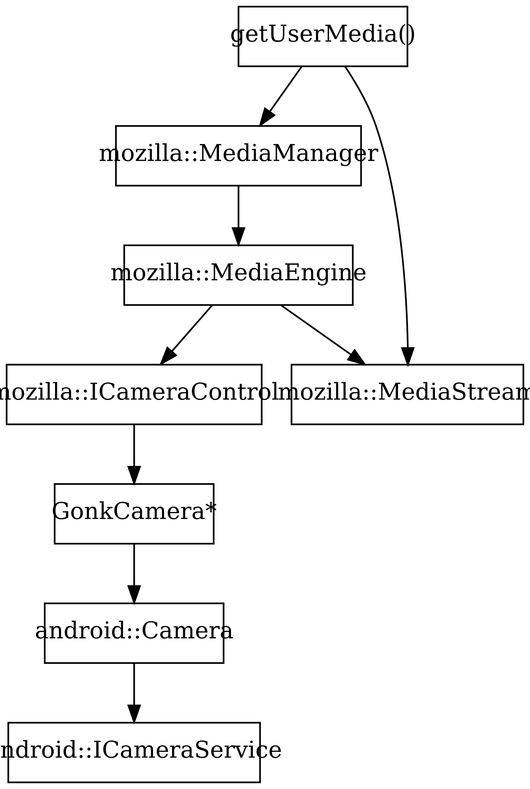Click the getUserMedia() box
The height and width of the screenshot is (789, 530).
[323, 36]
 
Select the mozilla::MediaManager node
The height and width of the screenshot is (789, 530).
[238, 156]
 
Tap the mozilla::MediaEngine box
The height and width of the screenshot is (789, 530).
[238, 275]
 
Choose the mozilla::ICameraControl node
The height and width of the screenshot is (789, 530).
[134, 394]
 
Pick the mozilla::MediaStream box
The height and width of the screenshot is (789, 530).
[407, 394]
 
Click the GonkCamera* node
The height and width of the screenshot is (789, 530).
[134, 514]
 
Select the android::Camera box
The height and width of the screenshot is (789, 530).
[134, 633]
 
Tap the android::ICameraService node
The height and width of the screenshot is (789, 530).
[134, 752]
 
